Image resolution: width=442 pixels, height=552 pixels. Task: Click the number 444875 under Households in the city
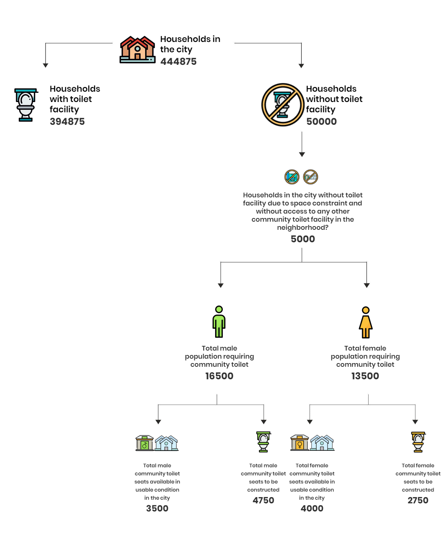point(178,61)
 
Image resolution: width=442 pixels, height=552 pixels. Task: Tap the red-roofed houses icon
point(137,49)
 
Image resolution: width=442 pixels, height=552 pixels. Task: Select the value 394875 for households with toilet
point(67,122)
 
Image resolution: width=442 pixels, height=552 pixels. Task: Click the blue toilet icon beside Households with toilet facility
point(26,105)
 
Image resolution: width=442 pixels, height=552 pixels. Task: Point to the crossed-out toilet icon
point(283,105)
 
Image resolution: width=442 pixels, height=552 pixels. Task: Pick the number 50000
point(322,122)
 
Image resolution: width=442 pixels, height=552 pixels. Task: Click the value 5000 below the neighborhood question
point(303,239)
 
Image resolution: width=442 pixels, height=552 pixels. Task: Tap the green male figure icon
point(219,321)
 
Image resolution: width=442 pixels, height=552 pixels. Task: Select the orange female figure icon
point(365,323)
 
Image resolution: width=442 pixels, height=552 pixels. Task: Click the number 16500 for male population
point(219,376)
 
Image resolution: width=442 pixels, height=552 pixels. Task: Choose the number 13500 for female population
point(365,376)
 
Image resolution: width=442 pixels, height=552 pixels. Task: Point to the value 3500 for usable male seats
point(157,509)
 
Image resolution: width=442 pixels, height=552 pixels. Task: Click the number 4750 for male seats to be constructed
point(263,500)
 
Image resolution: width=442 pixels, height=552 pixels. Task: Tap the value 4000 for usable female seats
point(312,509)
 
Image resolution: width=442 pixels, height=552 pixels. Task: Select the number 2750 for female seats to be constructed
point(418,500)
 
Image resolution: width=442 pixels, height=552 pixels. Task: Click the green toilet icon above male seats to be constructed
point(263,442)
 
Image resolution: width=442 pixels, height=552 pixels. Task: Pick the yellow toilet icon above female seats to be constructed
point(418,442)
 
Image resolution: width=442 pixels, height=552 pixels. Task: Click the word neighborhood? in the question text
point(303,228)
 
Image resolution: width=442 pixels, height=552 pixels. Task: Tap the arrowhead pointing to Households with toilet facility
point(45,66)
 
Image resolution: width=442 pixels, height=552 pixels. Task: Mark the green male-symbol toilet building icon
point(144,443)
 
